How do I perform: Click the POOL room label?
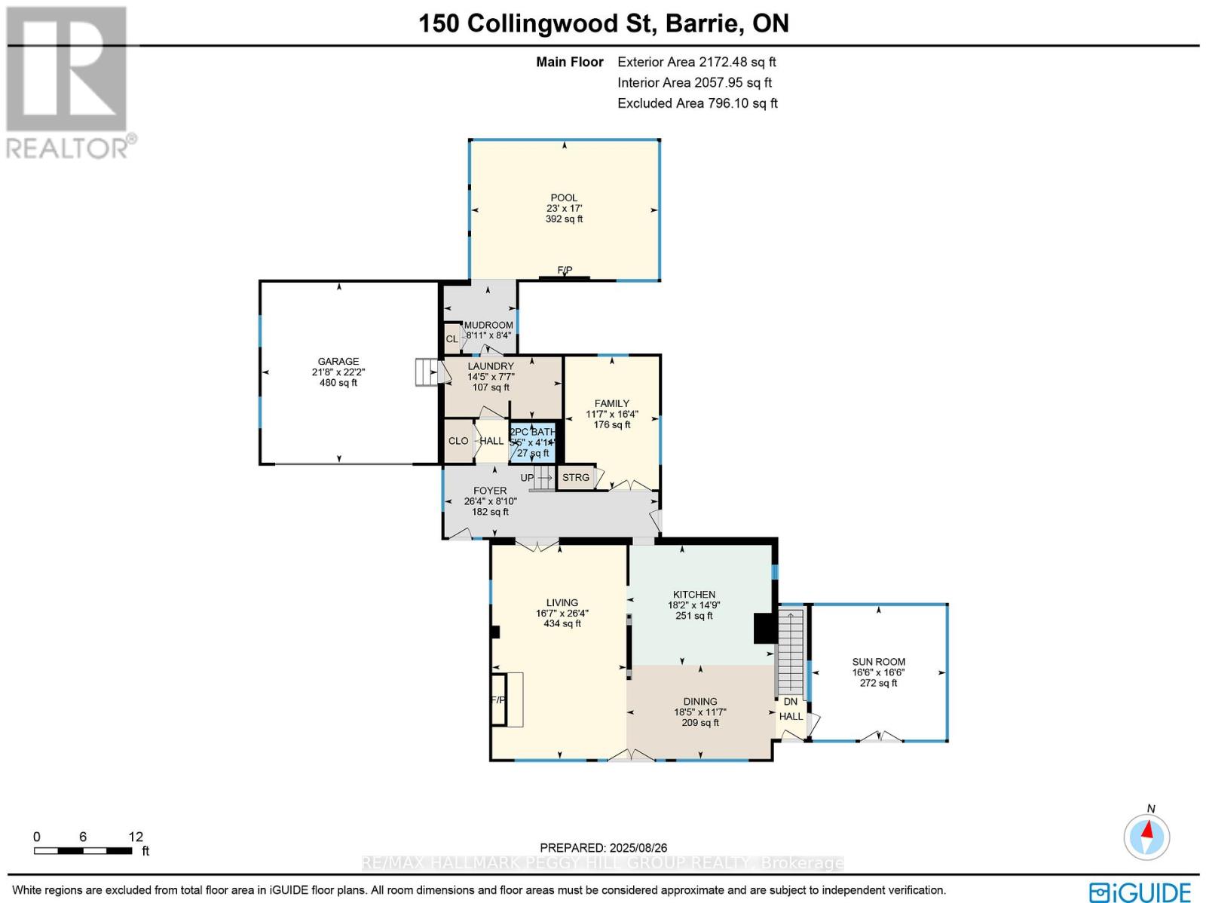click(x=564, y=198)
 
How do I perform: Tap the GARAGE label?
click(x=338, y=362)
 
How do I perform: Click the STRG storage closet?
click(x=576, y=478)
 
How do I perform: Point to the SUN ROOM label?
click(x=879, y=662)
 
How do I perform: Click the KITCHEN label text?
click(x=694, y=595)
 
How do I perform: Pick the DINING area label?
click(x=700, y=702)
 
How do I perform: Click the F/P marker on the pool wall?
click(x=565, y=271)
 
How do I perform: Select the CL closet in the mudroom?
click(x=452, y=339)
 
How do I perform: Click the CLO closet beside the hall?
click(x=458, y=441)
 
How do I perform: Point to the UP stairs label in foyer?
click(x=528, y=478)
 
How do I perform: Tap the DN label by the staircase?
click(x=790, y=702)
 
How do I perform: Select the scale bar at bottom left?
click(x=83, y=851)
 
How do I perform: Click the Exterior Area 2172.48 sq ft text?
click(x=696, y=63)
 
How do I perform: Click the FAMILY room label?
click(x=611, y=404)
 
